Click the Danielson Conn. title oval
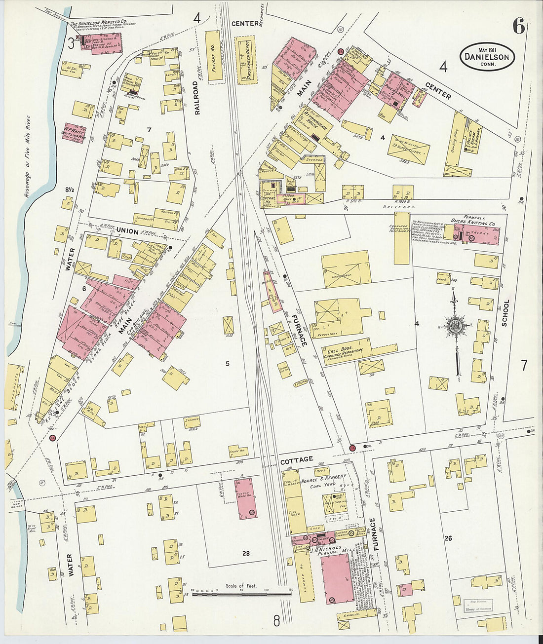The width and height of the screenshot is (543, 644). (487, 57)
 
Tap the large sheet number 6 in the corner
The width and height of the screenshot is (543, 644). (518, 26)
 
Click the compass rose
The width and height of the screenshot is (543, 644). (455, 326)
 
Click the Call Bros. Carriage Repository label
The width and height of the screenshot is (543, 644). (344, 349)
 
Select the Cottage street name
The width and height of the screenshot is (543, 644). (297, 459)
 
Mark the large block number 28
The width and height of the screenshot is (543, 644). (246, 553)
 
